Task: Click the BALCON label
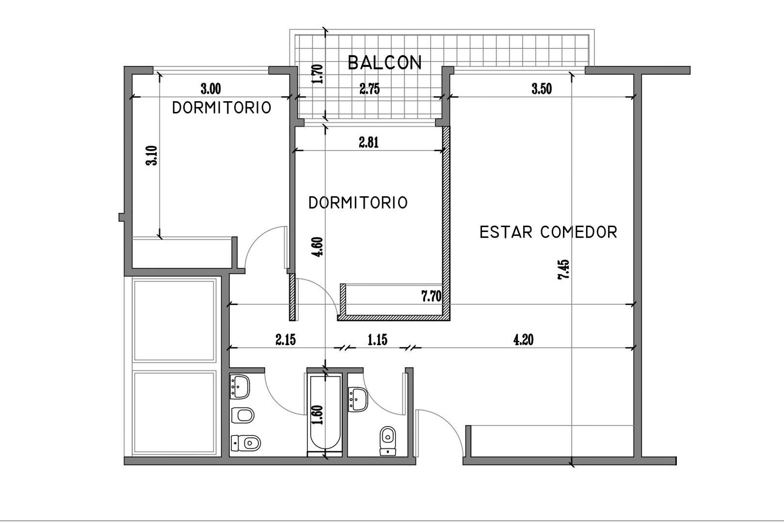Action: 384,62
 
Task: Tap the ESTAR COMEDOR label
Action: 548,232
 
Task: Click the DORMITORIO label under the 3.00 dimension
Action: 222,108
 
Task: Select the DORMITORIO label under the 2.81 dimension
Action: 358,203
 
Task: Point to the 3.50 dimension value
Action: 542,89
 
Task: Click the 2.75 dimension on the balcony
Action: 369,89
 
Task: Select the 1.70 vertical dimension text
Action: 318,74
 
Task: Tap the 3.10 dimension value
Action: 152,155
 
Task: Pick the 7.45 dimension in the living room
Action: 564,269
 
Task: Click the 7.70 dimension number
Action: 431,296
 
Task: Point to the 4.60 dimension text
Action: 318,247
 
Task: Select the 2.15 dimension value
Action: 286,339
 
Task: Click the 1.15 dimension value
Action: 377,339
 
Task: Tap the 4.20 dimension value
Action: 524,339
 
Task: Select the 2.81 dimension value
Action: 368,143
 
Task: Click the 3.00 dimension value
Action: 211,89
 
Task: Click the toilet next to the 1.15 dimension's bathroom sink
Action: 388,441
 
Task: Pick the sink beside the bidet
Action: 240,386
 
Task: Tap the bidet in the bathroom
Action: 242,415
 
